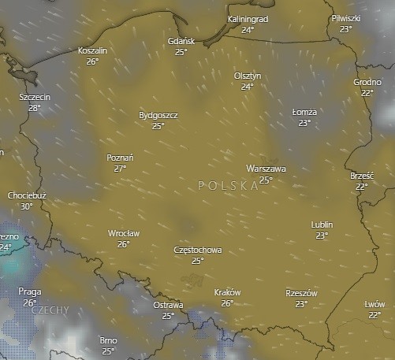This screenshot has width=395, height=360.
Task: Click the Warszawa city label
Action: click(x=266, y=169)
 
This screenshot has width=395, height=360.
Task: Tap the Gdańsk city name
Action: click(x=181, y=41)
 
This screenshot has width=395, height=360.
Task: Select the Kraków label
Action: click(x=227, y=292)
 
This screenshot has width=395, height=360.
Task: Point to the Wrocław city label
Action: click(x=124, y=233)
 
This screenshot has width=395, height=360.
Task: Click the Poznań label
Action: click(x=120, y=157)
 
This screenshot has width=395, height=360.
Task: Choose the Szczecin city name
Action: click(x=35, y=97)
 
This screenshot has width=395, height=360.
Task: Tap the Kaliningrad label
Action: click(x=248, y=18)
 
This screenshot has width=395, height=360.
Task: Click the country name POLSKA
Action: click(x=228, y=186)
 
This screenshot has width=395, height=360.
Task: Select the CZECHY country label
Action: click(x=50, y=310)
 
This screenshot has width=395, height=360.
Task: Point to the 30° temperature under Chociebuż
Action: click(x=26, y=206)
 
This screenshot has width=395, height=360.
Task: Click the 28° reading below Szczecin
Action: click(x=35, y=108)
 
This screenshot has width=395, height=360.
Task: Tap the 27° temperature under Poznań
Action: click(x=120, y=168)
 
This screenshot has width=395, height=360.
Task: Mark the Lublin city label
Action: click(x=322, y=224)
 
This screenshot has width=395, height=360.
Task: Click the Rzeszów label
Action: click(x=301, y=293)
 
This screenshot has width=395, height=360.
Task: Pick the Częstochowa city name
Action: click(x=197, y=250)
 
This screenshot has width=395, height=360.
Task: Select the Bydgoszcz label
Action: click(x=158, y=115)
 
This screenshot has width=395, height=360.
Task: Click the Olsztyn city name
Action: click(x=248, y=76)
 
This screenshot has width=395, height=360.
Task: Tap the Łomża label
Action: click(x=304, y=112)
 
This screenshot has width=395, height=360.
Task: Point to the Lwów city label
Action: click(x=375, y=304)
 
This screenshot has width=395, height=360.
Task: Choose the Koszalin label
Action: click(x=93, y=50)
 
